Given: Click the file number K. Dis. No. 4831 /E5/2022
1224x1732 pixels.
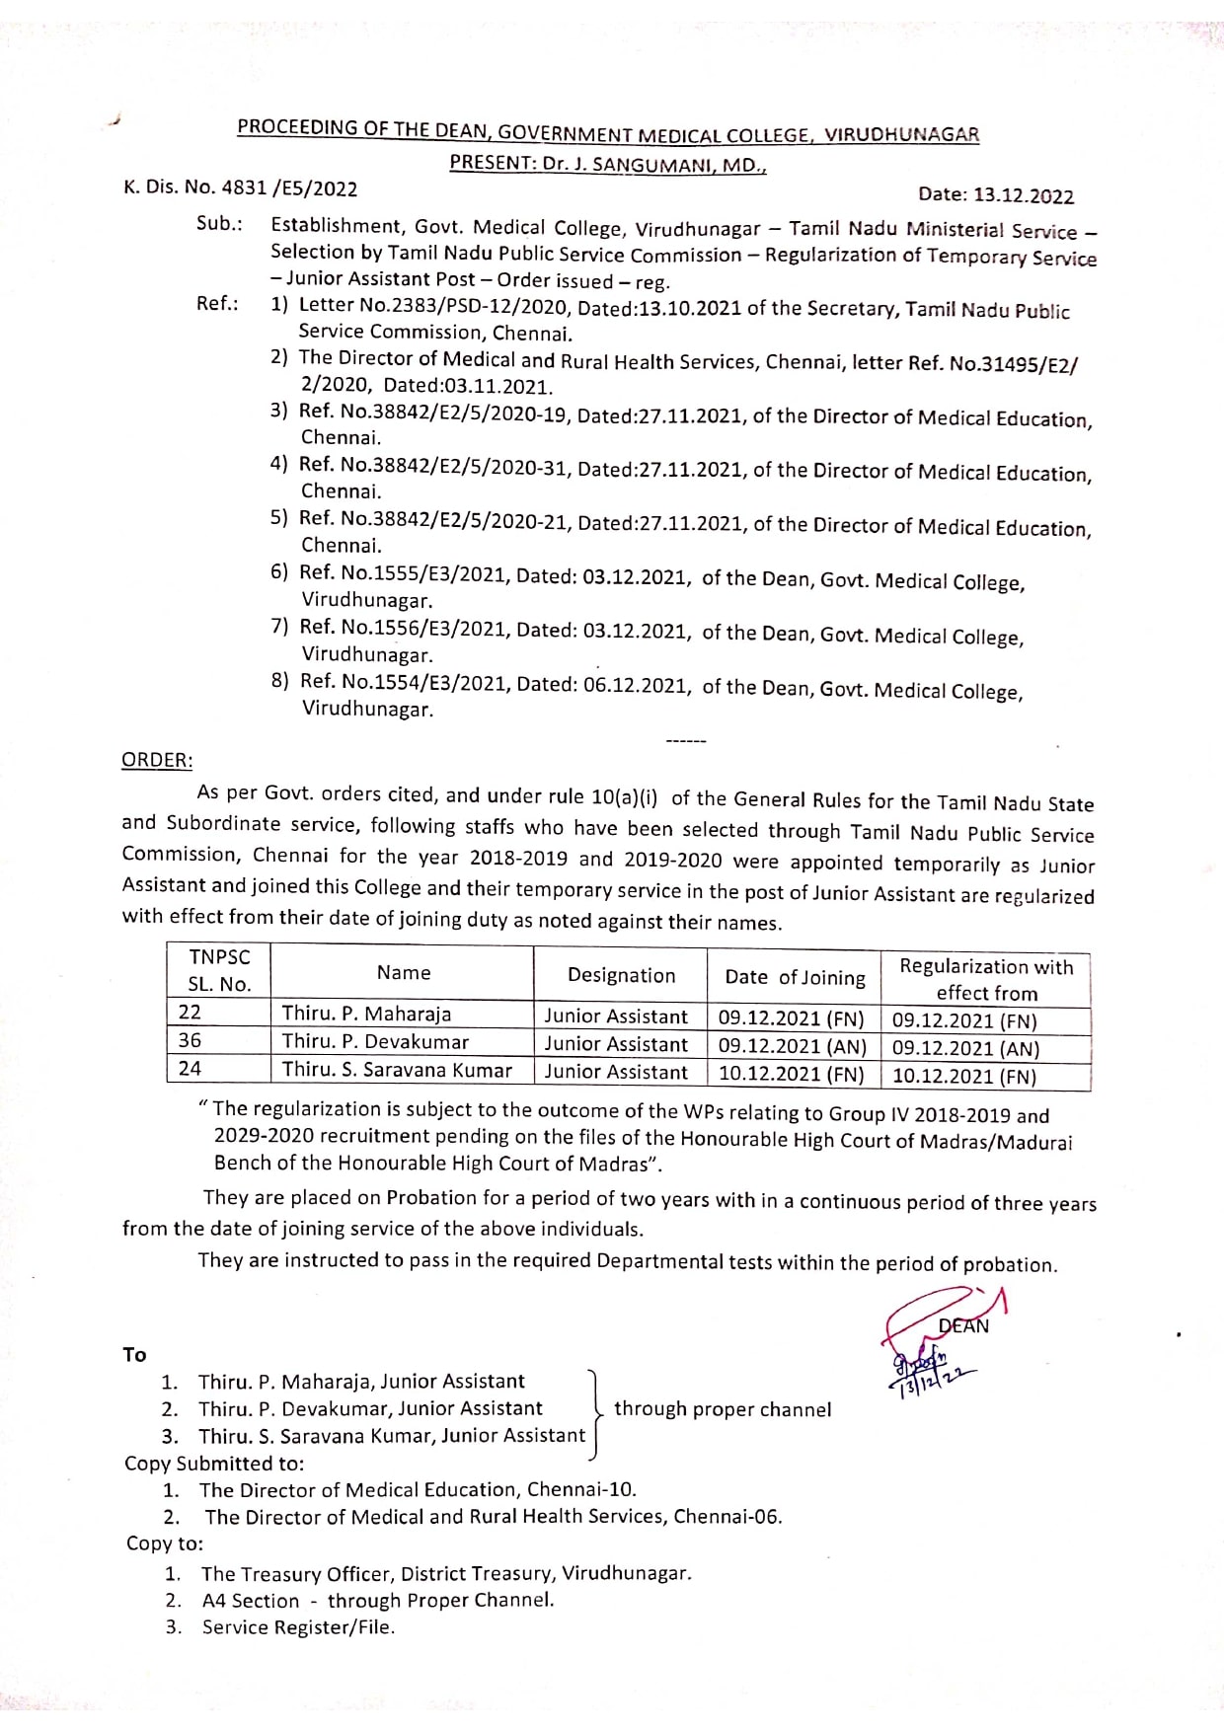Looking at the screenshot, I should (240, 188).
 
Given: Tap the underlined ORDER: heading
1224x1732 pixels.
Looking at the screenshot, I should (157, 760).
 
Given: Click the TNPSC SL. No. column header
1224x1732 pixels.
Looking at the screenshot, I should (219, 970).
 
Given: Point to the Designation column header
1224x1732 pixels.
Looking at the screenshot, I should (621, 975).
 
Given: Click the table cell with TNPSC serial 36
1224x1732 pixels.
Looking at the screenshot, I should (191, 1040).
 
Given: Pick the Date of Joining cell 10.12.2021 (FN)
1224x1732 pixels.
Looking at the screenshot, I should (791, 1074).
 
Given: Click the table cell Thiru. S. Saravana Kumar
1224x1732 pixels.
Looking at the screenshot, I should (397, 1070).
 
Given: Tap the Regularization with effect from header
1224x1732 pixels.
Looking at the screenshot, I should (985, 979).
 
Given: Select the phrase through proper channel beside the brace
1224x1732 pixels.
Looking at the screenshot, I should (723, 1409).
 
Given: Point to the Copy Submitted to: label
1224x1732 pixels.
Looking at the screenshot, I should (214, 1464).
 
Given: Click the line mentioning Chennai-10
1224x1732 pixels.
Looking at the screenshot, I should (418, 1489).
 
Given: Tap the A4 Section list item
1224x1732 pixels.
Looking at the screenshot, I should (378, 1600).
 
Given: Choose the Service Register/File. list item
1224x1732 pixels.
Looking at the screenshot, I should (298, 1627).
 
